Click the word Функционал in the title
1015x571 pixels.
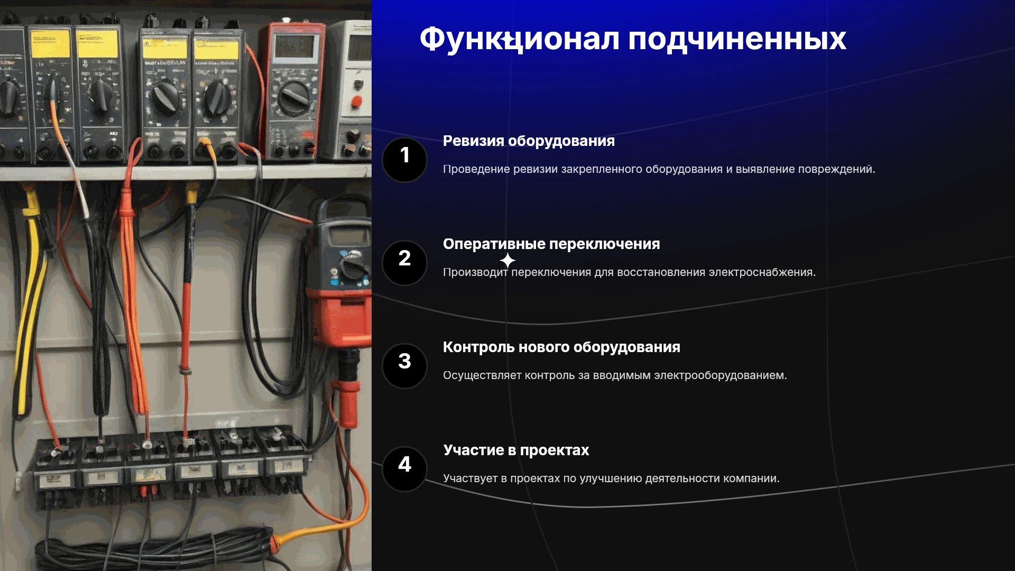(520, 39)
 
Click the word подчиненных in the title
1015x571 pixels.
(737, 40)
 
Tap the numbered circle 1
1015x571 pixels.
(404, 160)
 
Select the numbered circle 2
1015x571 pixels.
(404, 263)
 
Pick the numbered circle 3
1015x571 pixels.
(404, 366)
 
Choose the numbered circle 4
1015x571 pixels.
(404, 469)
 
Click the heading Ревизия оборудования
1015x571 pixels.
(529, 141)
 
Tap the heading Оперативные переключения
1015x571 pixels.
(551, 244)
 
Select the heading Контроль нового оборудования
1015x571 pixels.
(561, 347)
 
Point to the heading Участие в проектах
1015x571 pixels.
(516, 450)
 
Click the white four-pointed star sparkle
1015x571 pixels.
(508, 260)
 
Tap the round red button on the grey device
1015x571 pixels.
(356, 102)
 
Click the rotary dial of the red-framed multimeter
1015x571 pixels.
(293, 98)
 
